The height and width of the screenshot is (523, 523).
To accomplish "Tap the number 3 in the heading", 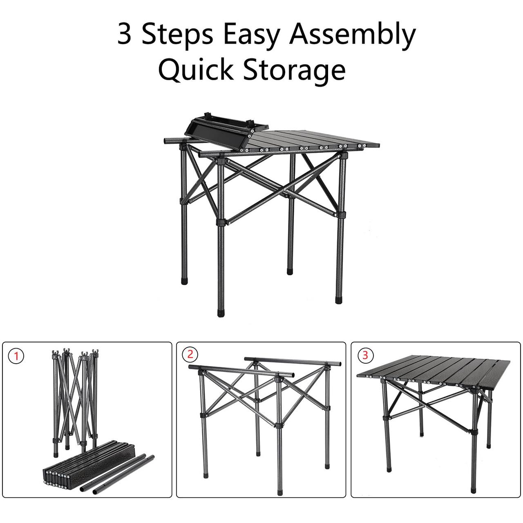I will pos(125,35).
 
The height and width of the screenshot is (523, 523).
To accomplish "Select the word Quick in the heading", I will pos(196,70).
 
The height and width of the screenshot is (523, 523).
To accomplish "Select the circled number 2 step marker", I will pos(190,355).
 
